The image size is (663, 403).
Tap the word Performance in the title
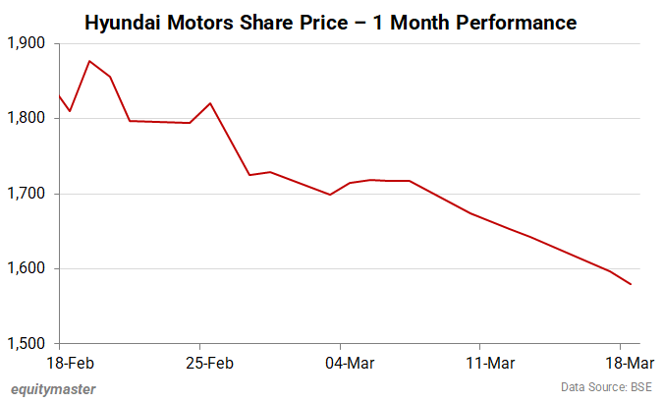point(514,21)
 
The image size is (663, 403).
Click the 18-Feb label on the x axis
point(61,363)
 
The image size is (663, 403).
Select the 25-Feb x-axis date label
point(200,363)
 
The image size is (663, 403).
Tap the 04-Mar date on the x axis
point(341,363)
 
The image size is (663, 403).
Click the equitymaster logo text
point(53,389)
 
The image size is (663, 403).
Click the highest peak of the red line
point(90,61)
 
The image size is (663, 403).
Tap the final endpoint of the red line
point(631,284)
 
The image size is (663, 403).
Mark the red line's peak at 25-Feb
point(210,103)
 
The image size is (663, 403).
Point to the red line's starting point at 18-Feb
point(61,96)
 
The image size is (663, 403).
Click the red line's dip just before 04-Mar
point(330,195)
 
